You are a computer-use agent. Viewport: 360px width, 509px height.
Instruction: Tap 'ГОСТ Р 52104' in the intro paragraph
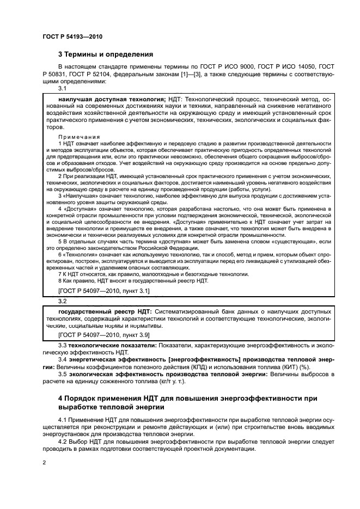tap(108, 74)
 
